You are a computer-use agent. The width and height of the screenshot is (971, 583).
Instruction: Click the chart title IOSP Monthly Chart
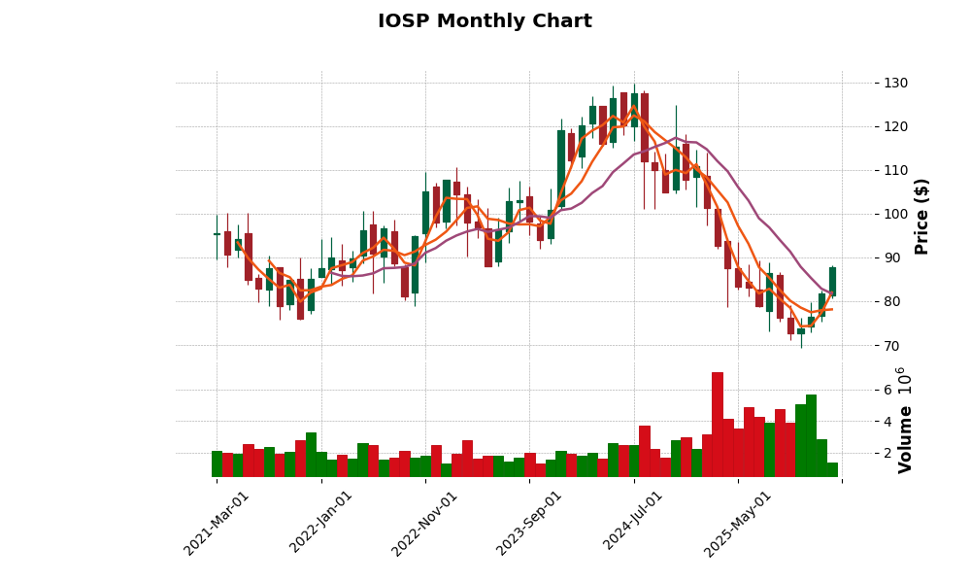pos(485,21)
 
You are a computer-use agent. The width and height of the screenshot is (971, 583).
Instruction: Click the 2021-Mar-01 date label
pos(217,523)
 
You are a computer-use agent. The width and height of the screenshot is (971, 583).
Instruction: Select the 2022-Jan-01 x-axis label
pos(321,523)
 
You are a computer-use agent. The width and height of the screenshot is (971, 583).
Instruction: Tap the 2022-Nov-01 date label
pos(424,523)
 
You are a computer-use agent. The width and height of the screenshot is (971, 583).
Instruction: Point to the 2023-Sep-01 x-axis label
pos(529,523)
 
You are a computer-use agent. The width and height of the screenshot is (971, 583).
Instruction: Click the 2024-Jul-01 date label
pos(633,523)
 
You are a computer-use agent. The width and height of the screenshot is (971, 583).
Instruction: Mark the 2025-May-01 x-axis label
pos(738,523)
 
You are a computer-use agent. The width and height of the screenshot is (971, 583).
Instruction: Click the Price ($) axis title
pos(922,216)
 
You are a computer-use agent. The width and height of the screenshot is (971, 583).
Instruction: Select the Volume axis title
pos(907,439)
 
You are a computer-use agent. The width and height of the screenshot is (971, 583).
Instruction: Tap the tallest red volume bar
pos(718,425)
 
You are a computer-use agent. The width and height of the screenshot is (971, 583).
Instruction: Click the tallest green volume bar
pos(811,435)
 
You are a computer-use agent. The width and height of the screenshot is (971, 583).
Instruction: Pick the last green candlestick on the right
pos(832,282)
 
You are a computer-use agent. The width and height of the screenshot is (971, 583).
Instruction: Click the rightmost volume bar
pos(832,469)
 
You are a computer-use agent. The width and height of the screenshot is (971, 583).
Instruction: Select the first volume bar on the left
pos(217,463)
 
